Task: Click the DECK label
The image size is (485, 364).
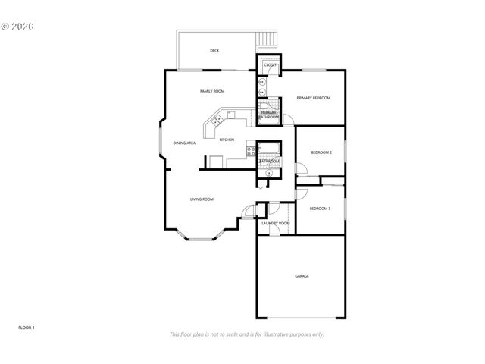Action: point(214,51)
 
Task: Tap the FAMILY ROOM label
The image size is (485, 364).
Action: point(212,92)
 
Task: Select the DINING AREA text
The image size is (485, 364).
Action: point(185,143)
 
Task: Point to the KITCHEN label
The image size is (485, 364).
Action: point(227,140)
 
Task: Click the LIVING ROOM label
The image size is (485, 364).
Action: point(202,199)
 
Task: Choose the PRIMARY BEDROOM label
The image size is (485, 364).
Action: point(313,98)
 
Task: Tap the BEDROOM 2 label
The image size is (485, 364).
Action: point(321,153)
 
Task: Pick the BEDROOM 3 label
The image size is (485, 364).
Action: point(320,208)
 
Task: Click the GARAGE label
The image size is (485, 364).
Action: point(302,276)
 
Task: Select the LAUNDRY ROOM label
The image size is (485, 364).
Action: point(275,224)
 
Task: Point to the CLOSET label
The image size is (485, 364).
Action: point(270,65)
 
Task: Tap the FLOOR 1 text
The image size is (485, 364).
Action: point(27,328)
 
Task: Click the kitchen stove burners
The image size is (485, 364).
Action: point(250,152)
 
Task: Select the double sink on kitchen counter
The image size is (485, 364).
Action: point(217,119)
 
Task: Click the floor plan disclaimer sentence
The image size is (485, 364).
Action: point(246,334)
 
